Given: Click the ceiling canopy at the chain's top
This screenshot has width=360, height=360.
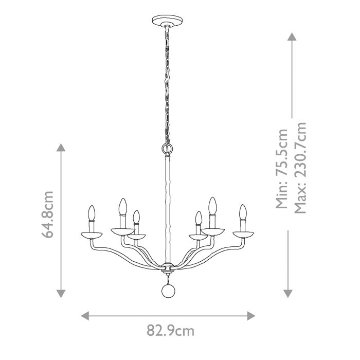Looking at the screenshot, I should click(x=165, y=22).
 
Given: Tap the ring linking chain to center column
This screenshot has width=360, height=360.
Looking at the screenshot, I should click(x=166, y=149).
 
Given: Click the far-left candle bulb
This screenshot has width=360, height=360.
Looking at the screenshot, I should click(x=91, y=213).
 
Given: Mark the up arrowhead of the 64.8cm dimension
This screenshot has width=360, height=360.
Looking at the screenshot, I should click(x=61, y=149).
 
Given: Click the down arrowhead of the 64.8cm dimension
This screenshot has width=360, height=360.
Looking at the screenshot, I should click(x=61, y=293).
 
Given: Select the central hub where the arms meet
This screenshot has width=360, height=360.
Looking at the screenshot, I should click(x=166, y=267).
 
